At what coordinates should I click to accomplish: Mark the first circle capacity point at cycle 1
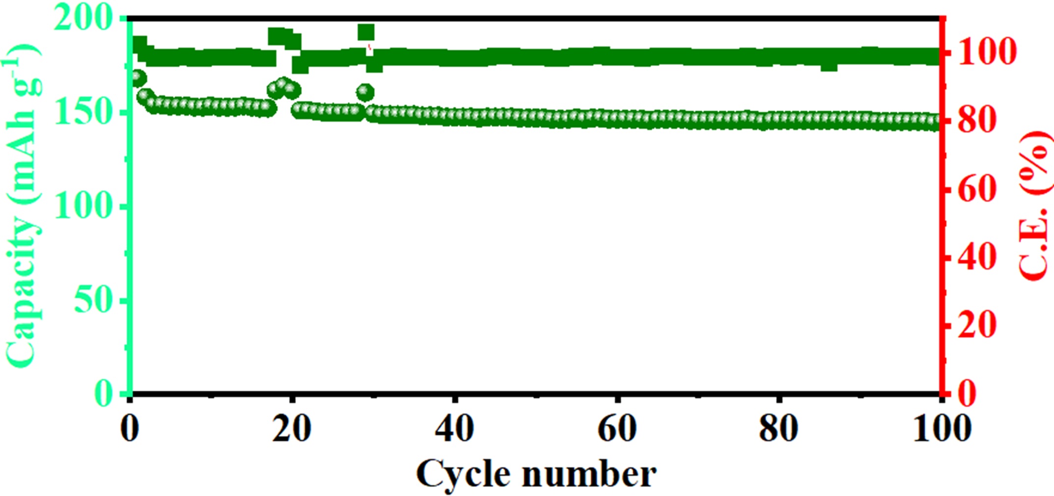coord(139,78)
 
